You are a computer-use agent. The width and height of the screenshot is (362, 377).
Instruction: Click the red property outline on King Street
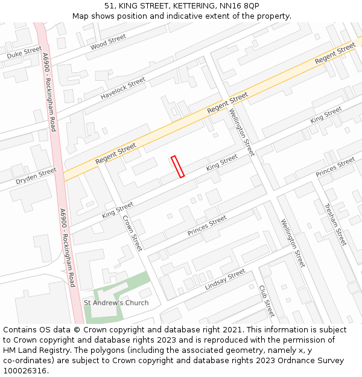click(177, 166)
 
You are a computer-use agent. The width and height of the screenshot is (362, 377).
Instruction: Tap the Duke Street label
click(24, 52)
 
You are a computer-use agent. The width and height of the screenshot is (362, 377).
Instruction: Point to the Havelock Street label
click(123, 88)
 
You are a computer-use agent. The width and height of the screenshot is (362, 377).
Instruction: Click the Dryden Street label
click(36, 176)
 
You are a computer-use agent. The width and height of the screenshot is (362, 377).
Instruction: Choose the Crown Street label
click(132, 233)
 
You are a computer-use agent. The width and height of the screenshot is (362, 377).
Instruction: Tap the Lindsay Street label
click(224, 279)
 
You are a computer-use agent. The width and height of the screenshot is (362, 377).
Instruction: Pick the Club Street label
click(267, 301)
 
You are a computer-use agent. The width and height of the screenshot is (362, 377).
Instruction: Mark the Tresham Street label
click(335, 224)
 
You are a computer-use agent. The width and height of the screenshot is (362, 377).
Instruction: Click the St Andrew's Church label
click(116, 302)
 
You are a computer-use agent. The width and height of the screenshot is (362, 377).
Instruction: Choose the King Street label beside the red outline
click(222, 162)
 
